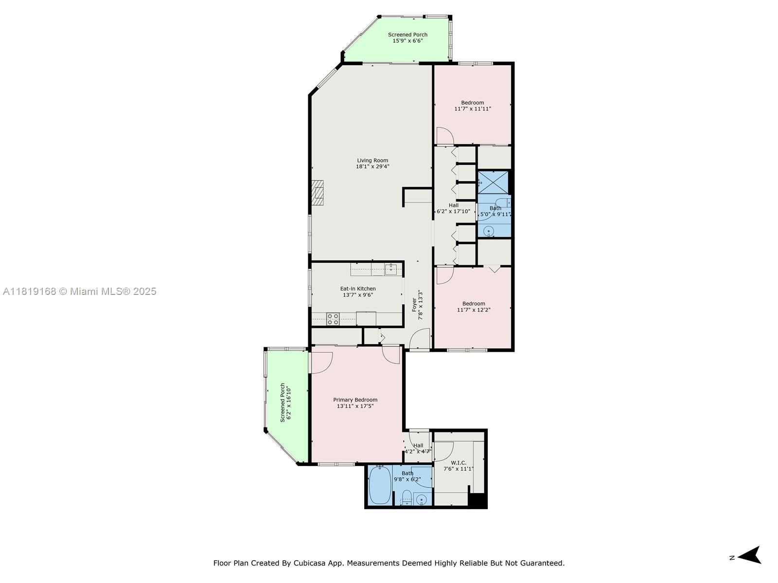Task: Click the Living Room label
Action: pyautogui.click(x=372, y=160)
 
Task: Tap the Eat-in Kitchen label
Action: pyautogui.click(x=357, y=289)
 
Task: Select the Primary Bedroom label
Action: pyautogui.click(x=355, y=400)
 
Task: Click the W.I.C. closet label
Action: pyautogui.click(x=459, y=463)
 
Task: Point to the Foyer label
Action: pyautogui.click(x=414, y=305)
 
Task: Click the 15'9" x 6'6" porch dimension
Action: pyautogui.click(x=407, y=41)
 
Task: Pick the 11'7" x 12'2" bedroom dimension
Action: pyautogui.click(x=474, y=310)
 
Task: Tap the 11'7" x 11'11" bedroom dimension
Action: pyautogui.click(x=473, y=109)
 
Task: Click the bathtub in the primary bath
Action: pyautogui.click(x=380, y=485)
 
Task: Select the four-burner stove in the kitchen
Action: pyautogui.click(x=333, y=319)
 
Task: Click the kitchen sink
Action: pyautogui.click(x=390, y=269)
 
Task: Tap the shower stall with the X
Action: pyautogui.click(x=493, y=182)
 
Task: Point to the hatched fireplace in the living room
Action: pyautogui.click(x=318, y=192)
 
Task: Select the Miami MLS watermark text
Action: pyautogui.click(x=79, y=291)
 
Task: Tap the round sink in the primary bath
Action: pyautogui.click(x=421, y=500)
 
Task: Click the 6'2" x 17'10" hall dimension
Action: pyautogui.click(x=453, y=211)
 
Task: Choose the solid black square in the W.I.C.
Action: pyautogui.click(x=477, y=500)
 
